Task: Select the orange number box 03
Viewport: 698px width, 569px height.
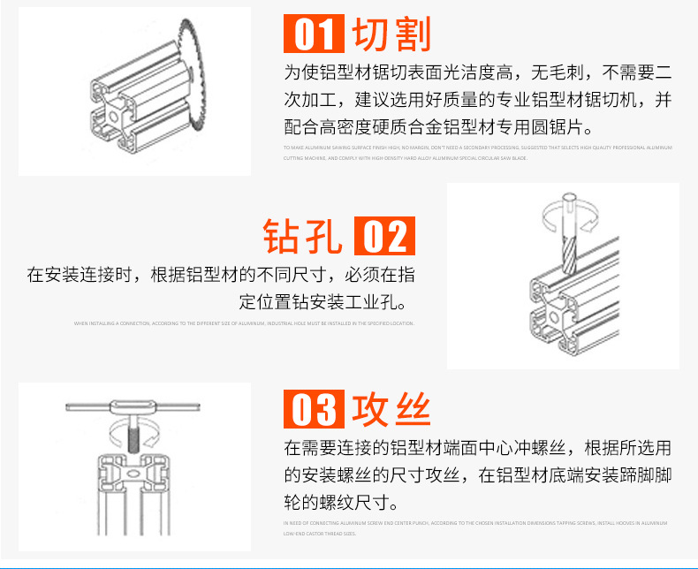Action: tap(312, 410)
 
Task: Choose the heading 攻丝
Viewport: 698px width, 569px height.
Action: tap(391, 410)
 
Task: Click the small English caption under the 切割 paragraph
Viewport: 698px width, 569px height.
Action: tap(477, 152)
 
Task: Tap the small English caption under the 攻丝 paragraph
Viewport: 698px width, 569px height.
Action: tap(477, 528)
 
